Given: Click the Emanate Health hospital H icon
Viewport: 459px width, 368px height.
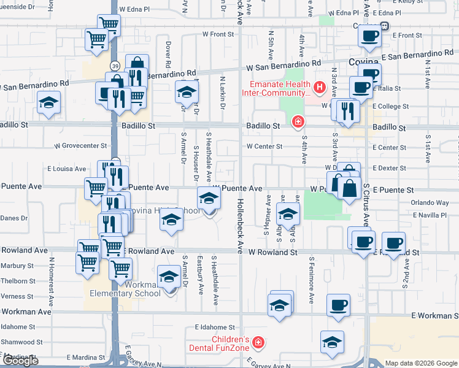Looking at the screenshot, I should tap(319, 88).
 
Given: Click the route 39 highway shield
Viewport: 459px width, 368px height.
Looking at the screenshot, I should tap(115, 65).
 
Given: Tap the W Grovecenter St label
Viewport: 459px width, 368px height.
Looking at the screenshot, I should tap(80, 147).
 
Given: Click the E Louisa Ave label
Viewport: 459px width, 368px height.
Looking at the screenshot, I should tap(67, 169).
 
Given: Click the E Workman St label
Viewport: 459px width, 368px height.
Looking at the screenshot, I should tap(434, 315).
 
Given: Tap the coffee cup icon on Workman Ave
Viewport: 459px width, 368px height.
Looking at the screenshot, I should tap(337, 305).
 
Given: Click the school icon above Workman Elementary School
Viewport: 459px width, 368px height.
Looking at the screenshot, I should tap(169, 277).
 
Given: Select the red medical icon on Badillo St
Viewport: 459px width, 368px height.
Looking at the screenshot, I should tap(298, 122).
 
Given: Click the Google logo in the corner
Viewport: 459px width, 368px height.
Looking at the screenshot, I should tap(21, 361).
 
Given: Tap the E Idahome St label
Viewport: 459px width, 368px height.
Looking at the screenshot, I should tap(215, 328).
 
